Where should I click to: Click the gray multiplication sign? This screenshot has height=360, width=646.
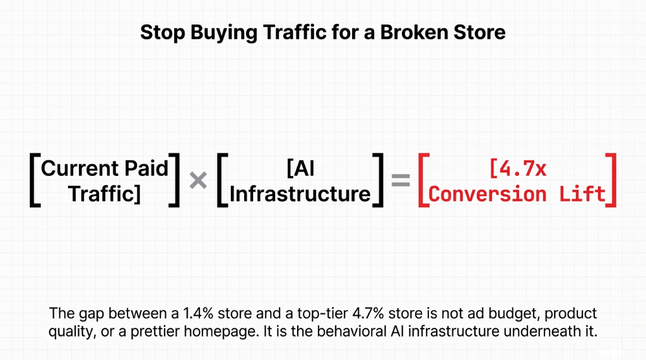pyautogui.click(x=198, y=182)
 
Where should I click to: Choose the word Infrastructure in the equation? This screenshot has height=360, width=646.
pyautogui.click(x=300, y=194)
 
